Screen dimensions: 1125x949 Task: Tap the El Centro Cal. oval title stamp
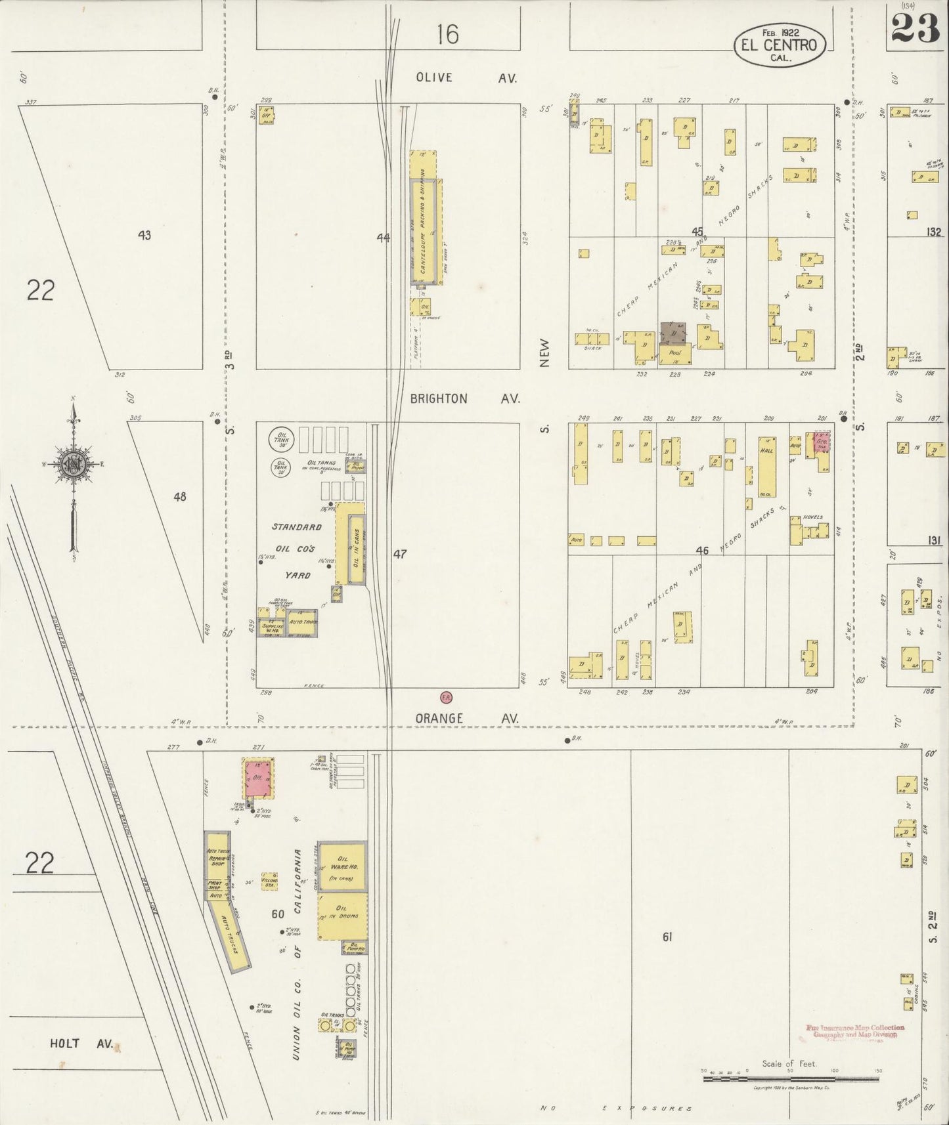point(779,45)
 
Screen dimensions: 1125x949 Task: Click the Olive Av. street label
point(466,77)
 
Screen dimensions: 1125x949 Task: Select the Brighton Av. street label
point(465,398)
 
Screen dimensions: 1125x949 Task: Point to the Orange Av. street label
point(466,719)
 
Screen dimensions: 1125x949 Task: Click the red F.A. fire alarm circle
point(446,696)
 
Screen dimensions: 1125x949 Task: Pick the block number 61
point(667,937)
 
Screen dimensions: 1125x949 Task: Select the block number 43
point(144,235)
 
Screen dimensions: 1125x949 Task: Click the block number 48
point(179,497)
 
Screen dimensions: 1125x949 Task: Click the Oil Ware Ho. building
point(342,864)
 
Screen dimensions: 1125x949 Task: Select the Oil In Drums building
point(342,914)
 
